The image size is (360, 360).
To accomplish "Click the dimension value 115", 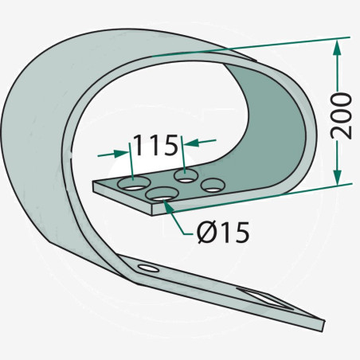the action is [155, 145].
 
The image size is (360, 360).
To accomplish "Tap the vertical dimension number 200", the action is [342, 115].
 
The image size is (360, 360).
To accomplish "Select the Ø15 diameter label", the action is [223, 233].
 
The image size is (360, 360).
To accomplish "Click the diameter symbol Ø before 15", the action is [206, 233].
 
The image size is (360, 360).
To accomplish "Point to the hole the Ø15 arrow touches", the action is [162, 194].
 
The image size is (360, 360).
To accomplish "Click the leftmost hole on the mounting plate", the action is [134, 183].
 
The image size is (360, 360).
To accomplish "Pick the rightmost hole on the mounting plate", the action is [213, 185].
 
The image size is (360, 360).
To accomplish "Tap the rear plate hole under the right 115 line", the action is [186, 175].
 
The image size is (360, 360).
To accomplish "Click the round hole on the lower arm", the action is [149, 268].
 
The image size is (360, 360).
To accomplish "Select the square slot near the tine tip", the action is [265, 299].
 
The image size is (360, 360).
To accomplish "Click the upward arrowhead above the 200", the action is [337, 47].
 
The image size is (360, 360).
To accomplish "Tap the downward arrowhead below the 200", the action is [337, 177].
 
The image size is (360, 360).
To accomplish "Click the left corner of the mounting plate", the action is [93, 182].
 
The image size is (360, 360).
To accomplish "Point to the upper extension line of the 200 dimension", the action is [251, 47].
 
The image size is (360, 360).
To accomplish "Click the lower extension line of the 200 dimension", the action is [259, 198].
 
